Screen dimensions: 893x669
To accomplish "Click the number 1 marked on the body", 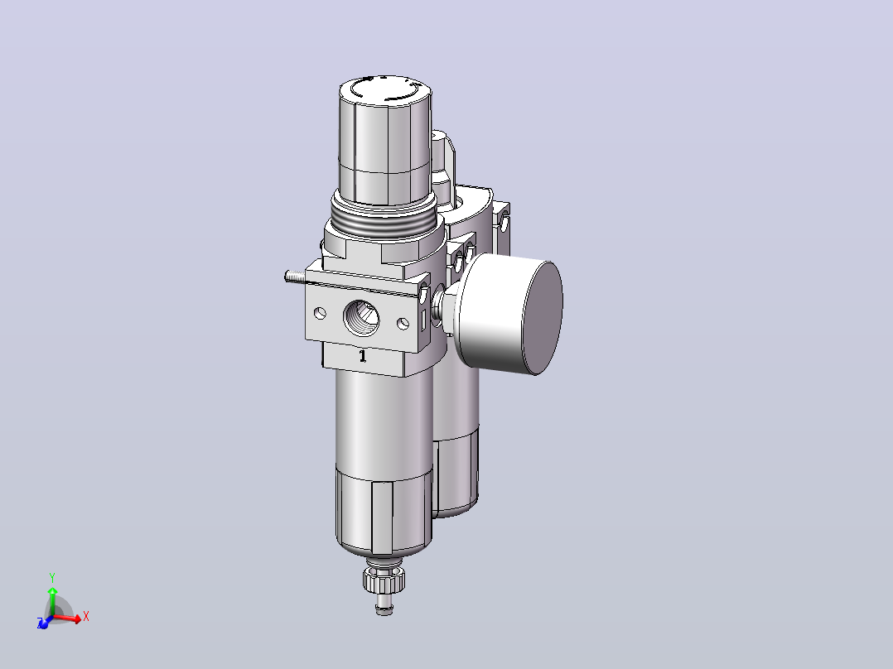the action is pos(363,356).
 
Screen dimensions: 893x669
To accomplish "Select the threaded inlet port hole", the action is pos(362,319).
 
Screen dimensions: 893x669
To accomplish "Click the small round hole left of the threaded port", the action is pos(320,313).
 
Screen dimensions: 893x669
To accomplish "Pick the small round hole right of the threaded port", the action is pos(403,324).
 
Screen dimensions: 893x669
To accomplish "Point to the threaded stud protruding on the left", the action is pos(295,277).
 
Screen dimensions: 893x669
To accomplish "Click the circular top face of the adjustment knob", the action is pos(385,89).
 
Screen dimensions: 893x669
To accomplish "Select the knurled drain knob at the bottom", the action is pos(384,579).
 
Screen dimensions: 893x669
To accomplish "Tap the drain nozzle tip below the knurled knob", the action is pos(384,606).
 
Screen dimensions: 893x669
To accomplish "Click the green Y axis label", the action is pos(52,578).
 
